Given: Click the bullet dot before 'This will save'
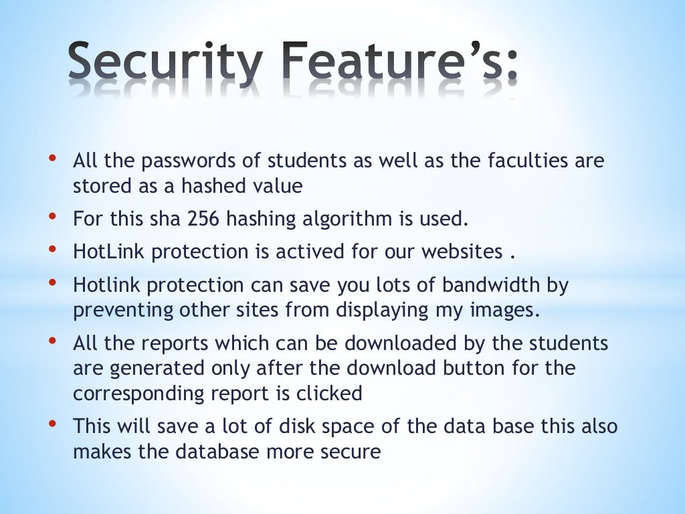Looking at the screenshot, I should click(x=52, y=424).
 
